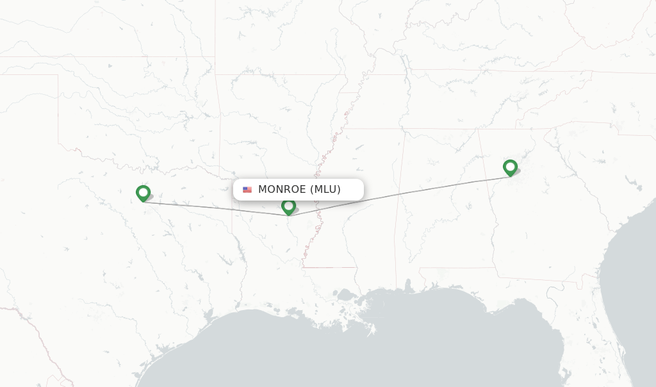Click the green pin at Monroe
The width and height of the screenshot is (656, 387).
pyautogui.click(x=288, y=206)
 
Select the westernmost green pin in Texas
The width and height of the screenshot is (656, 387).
pyautogui.click(x=143, y=193)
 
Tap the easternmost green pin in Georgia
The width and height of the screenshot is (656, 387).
pyautogui.click(x=510, y=167)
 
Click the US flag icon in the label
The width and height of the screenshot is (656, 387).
pyautogui.click(x=247, y=190)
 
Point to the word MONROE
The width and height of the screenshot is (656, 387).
pyautogui.click(x=282, y=190)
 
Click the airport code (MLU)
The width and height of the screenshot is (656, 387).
pyautogui.click(x=325, y=190)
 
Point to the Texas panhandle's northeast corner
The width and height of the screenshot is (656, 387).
pyautogui.click(x=58, y=75)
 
